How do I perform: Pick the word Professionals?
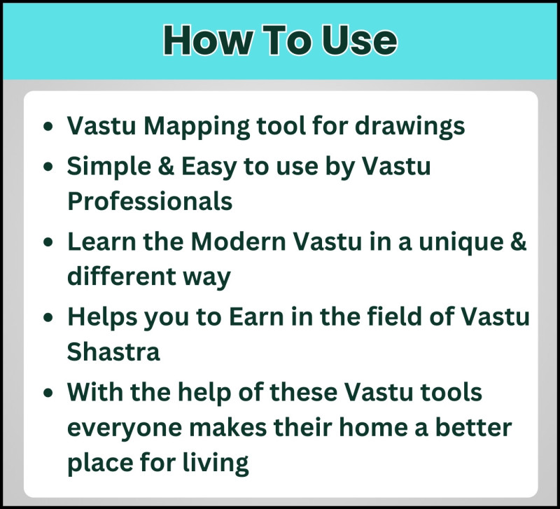[150, 202]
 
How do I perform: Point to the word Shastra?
[113, 351]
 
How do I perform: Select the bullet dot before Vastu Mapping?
[48, 128]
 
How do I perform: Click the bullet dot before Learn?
[48, 244]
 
